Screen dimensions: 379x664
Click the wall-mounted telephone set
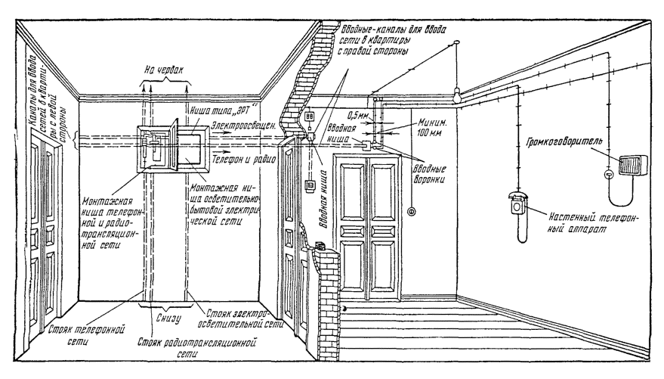click(515, 203)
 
